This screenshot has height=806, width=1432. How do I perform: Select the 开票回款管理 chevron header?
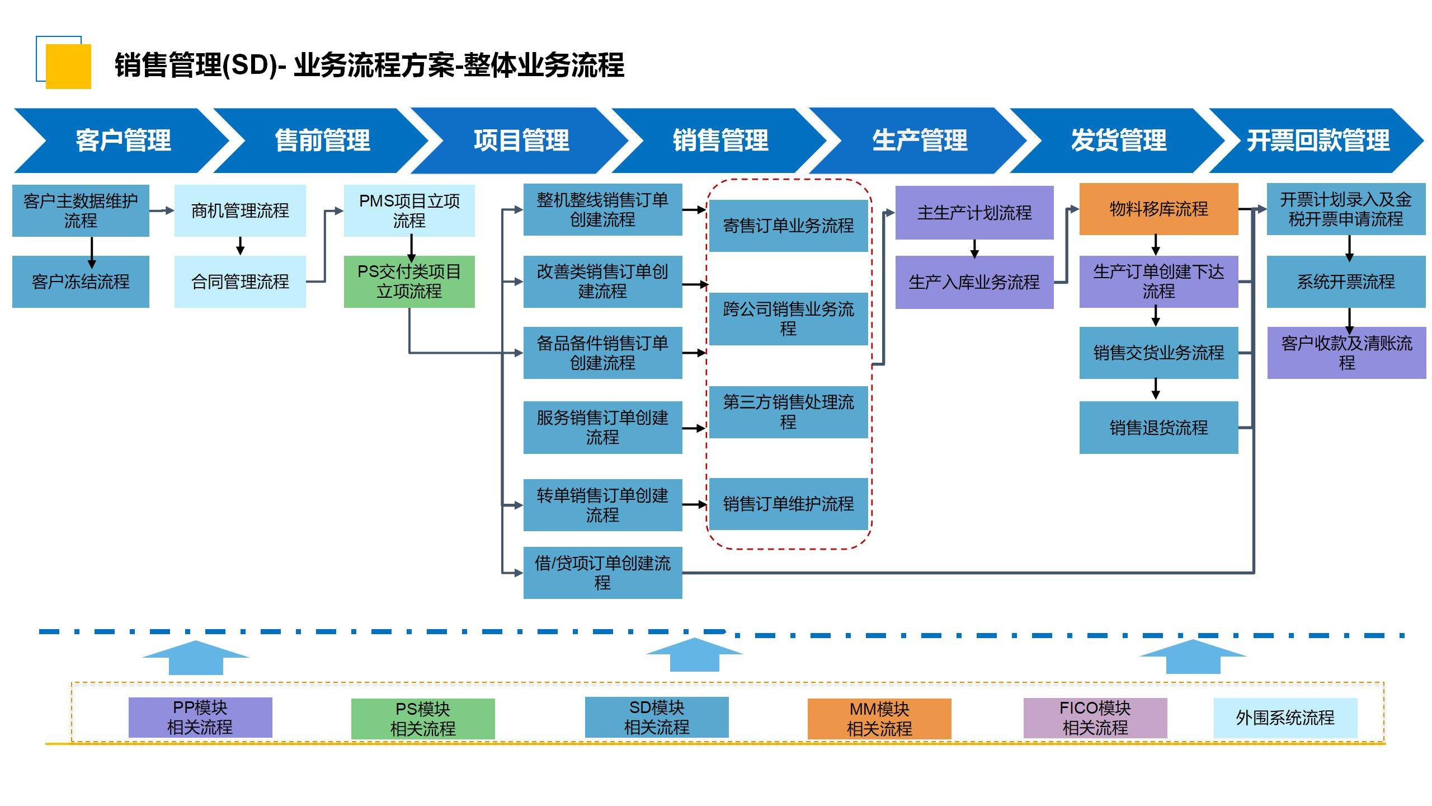(x=1317, y=140)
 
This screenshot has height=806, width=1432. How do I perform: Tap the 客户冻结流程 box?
(x=81, y=282)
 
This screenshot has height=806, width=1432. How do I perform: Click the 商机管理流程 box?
(x=240, y=210)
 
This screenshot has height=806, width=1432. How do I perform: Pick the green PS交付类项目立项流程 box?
(x=409, y=282)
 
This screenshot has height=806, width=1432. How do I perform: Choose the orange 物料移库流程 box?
(x=1158, y=209)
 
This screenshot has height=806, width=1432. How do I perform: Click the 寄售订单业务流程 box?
(x=788, y=226)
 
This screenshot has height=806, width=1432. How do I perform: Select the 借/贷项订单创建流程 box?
(x=602, y=573)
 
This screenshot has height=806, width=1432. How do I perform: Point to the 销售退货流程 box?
(x=1158, y=428)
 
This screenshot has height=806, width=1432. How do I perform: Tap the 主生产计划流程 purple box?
(x=974, y=213)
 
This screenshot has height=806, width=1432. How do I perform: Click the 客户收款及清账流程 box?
(x=1346, y=353)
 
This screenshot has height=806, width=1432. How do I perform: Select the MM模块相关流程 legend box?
(x=879, y=719)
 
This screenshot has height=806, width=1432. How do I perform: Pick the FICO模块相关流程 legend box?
(x=1095, y=718)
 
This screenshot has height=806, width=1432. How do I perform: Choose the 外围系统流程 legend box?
(x=1285, y=718)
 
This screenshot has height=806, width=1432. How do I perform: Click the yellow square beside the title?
(x=68, y=66)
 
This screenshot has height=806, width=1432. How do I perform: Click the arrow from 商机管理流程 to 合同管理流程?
(x=240, y=246)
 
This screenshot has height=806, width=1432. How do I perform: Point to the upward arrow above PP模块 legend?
(x=196, y=658)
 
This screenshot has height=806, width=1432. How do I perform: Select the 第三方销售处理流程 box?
(x=788, y=412)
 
